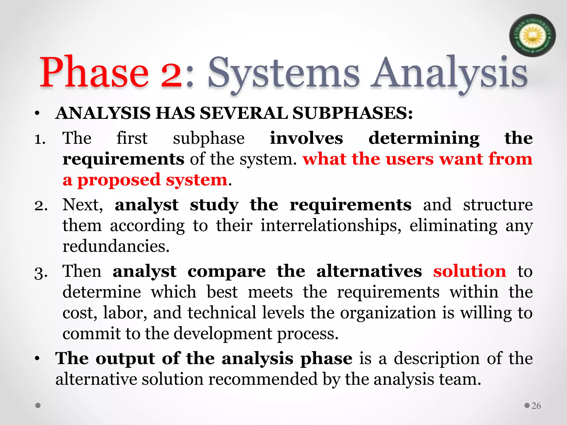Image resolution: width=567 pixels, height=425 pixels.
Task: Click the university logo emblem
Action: point(532,35)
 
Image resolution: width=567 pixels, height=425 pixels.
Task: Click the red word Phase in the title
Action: point(94,72)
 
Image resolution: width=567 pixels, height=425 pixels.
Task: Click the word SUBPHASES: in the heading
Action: point(352,113)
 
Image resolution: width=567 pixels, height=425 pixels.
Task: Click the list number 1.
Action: point(40,139)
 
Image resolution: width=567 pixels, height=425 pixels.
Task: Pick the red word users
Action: point(409,159)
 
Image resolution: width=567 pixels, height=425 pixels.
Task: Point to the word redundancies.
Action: point(116,246)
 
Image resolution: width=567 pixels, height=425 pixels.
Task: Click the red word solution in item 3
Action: point(470,271)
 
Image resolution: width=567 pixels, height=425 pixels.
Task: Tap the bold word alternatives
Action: point(369,271)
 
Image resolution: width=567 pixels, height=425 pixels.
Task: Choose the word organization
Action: point(388,313)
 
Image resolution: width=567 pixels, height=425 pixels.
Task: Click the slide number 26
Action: point(536,406)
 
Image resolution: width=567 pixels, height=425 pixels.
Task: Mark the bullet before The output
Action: point(37,359)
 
